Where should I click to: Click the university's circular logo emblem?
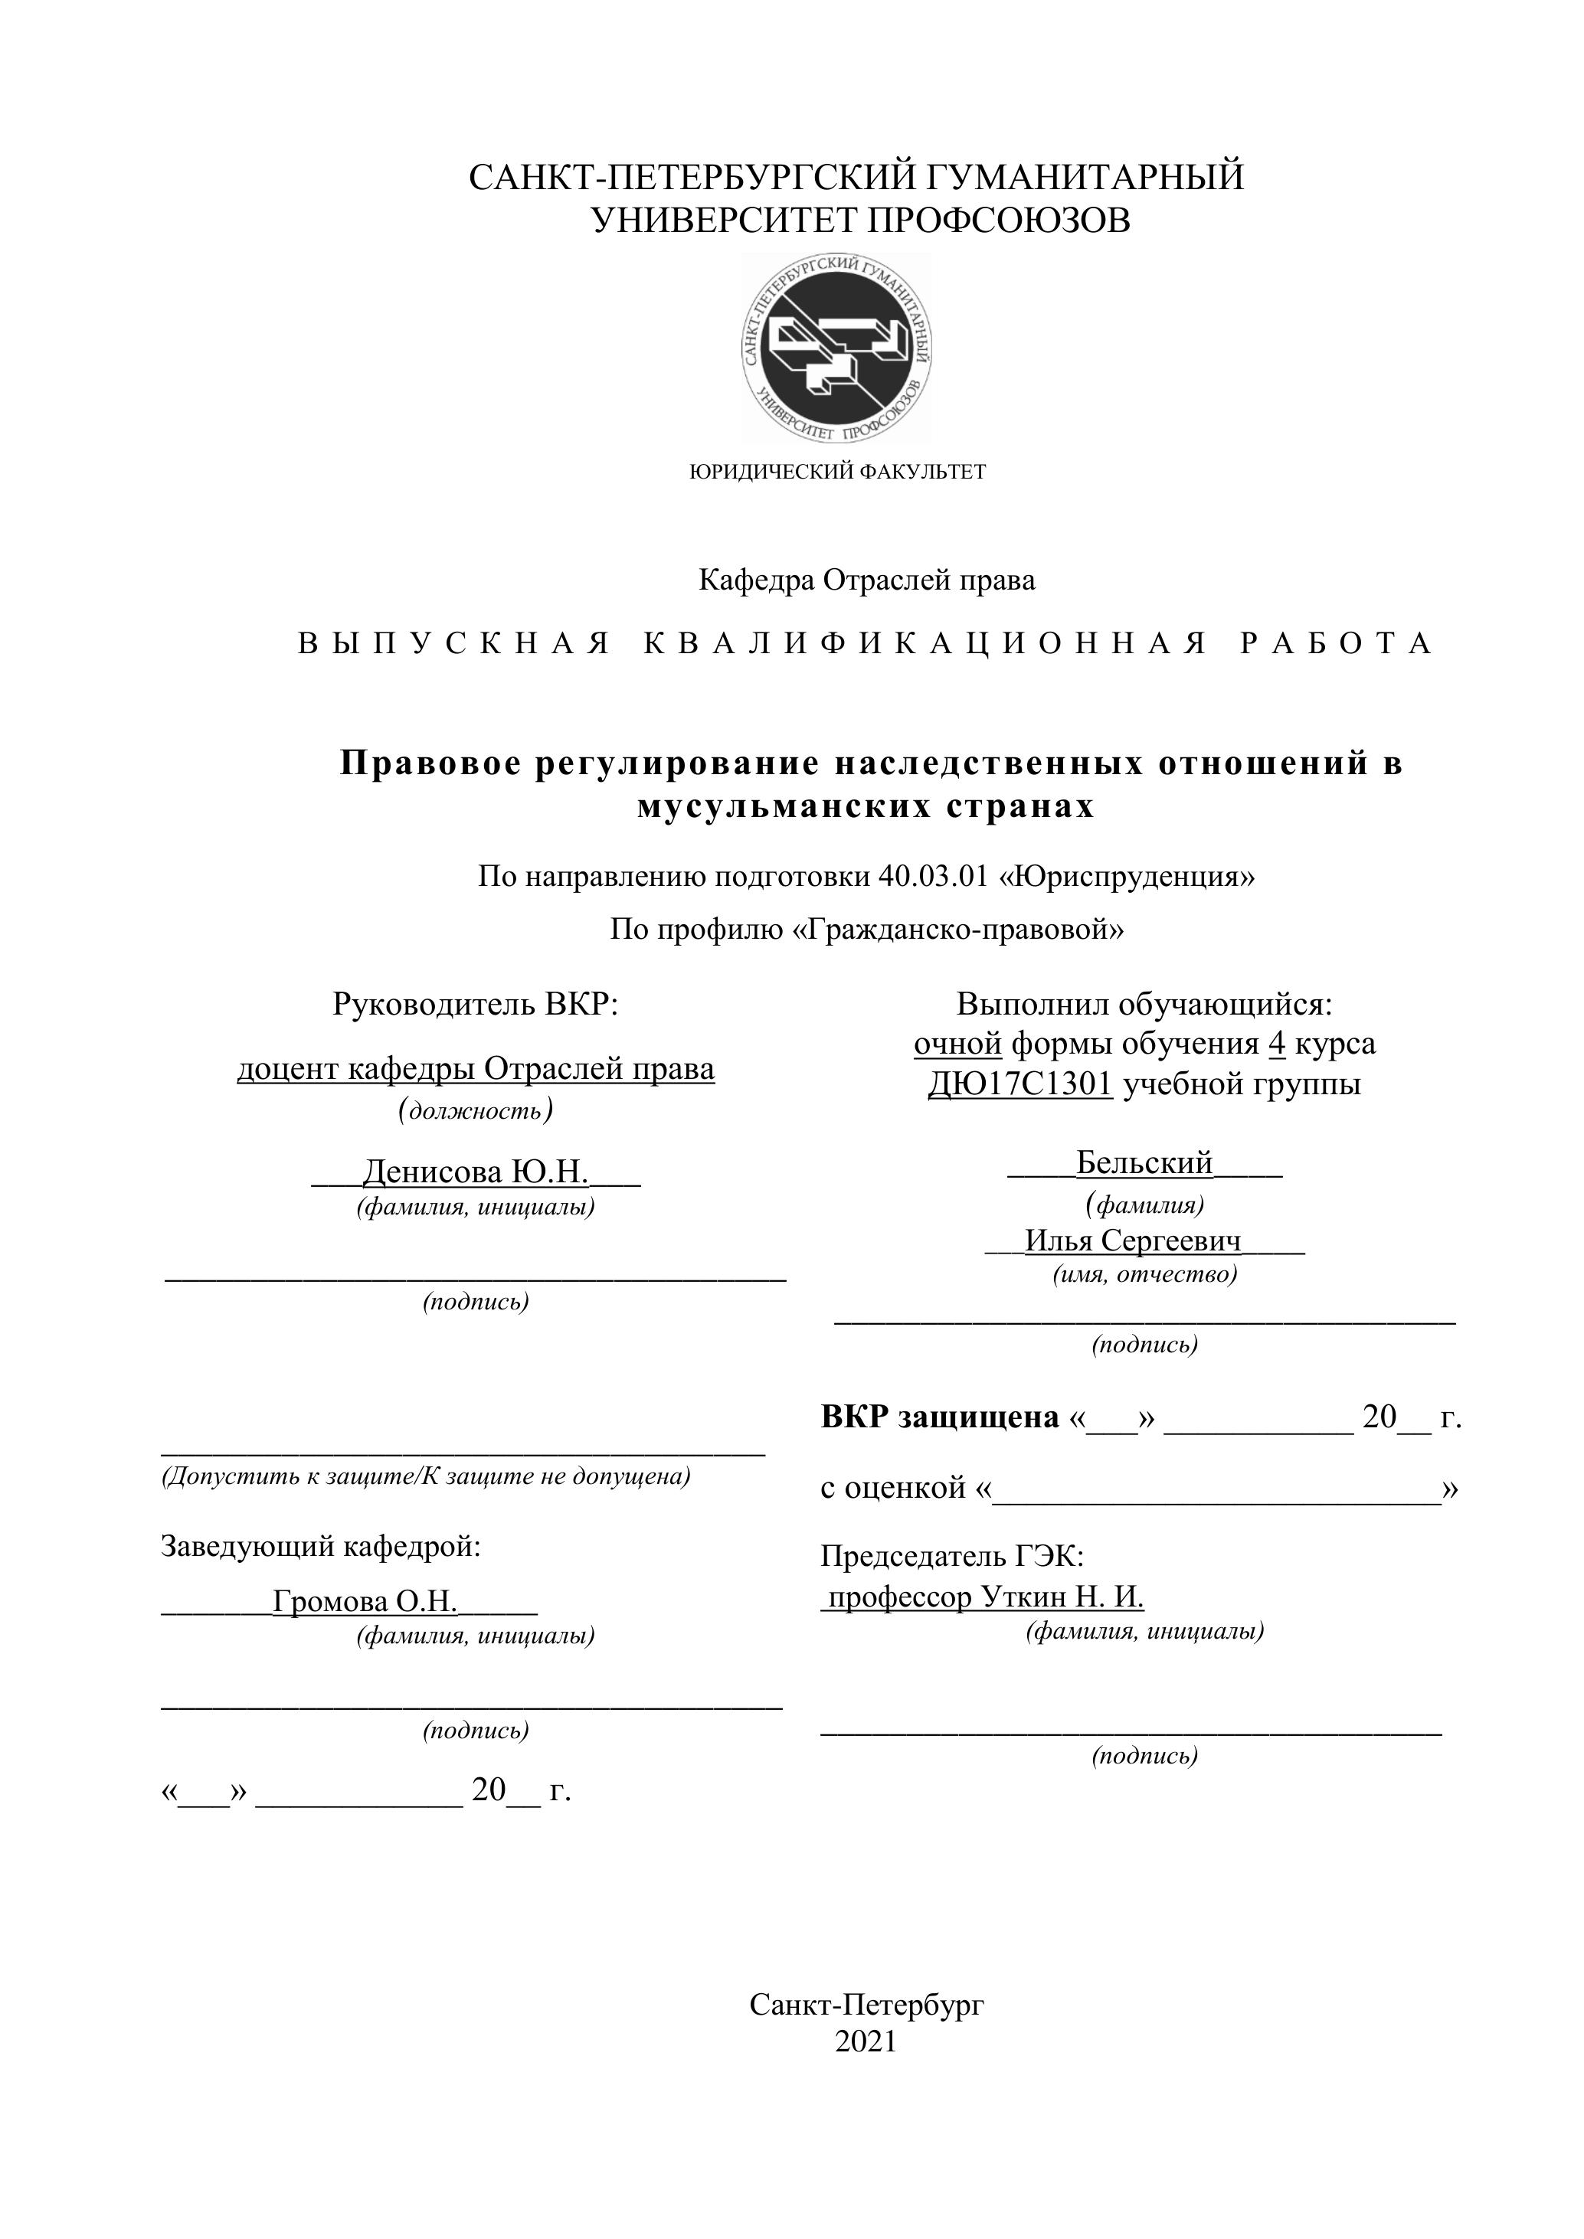pos(836,348)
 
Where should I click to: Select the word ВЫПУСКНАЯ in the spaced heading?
pos(453,644)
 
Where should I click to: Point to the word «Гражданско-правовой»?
pos(955,930)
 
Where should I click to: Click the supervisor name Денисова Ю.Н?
pos(475,1171)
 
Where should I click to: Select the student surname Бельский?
pos(1144,1162)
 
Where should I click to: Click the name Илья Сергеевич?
pos(1132,1240)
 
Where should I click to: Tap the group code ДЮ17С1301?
pos(1019,1084)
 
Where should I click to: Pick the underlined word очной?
pos(957,1044)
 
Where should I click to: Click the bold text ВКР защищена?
pos(939,1417)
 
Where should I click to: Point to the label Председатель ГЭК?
pos(952,1555)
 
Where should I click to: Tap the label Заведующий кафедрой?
pos(321,1547)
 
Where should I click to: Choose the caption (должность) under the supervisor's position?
pos(475,1111)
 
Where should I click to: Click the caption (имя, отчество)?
pos(1144,1274)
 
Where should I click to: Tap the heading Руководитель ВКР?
pos(475,1005)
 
